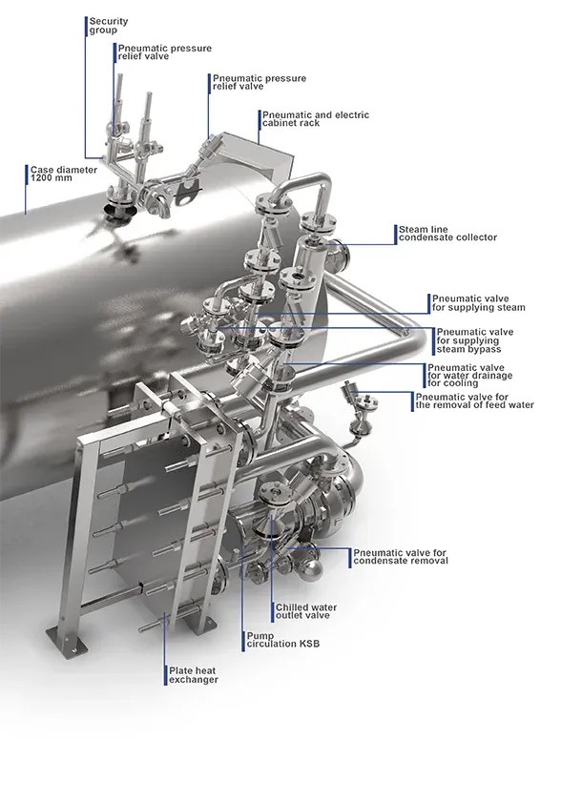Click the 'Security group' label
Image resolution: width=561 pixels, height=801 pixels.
(109, 26)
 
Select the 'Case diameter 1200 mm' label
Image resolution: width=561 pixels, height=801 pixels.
(63, 174)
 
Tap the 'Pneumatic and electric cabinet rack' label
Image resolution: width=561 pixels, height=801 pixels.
(315, 118)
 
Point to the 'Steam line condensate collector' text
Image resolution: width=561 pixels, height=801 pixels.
(447, 234)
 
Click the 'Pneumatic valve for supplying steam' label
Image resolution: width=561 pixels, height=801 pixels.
(478, 303)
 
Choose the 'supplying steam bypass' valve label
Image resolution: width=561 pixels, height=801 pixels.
(474, 340)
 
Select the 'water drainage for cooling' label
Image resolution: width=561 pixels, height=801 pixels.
(469, 376)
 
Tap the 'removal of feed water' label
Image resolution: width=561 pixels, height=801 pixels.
(474, 401)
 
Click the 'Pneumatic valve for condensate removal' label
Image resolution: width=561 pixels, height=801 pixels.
(400, 557)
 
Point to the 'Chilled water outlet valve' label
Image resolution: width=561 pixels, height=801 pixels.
(306, 611)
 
